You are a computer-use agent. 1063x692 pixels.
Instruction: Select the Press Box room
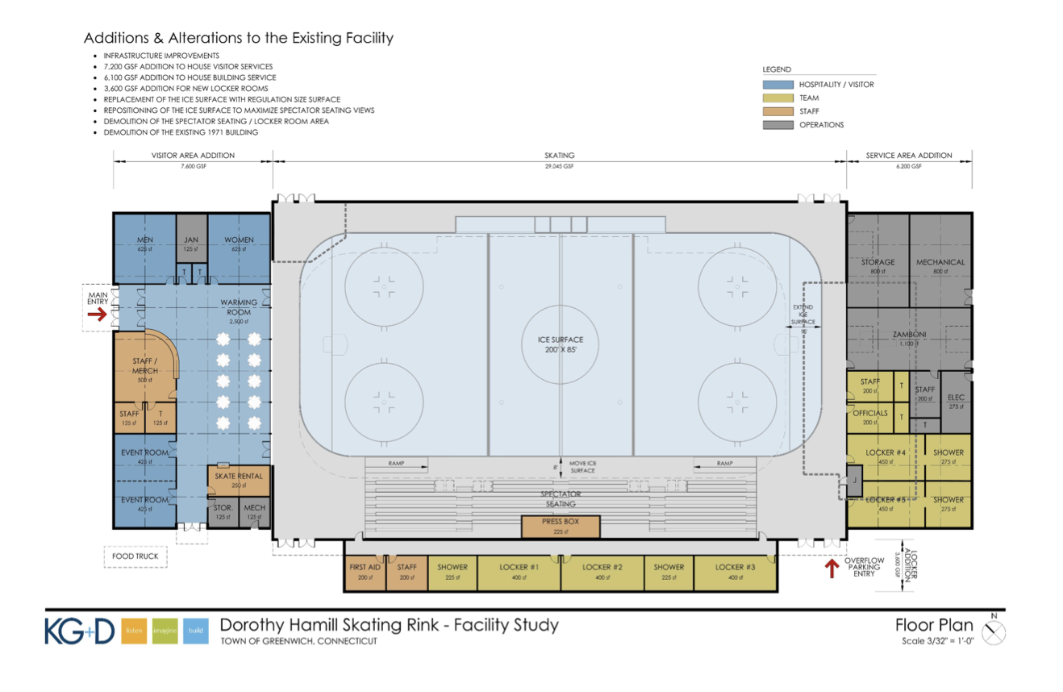point(561,527)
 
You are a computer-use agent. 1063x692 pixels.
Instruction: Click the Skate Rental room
point(238,481)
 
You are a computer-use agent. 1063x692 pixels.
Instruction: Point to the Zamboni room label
point(907,335)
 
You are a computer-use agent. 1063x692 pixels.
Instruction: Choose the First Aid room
point(365,572)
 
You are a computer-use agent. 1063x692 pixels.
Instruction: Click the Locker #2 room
point(602,572)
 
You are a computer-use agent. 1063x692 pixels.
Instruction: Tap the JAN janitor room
point(191,243)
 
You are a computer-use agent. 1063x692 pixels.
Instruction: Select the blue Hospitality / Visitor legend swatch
point(777,84)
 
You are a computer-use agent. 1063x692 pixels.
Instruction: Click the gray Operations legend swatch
point(777,125)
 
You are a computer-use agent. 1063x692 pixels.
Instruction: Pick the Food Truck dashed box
point(135,557)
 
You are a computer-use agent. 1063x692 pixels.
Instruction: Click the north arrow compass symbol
point(995,632)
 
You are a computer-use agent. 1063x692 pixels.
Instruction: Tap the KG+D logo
point(80,631)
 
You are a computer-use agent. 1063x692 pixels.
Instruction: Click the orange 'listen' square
point(134,631)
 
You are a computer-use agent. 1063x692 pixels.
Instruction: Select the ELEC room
point(957,401)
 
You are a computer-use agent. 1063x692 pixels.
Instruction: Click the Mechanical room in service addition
point(940,266)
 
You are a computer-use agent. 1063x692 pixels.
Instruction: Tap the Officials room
point(870,417)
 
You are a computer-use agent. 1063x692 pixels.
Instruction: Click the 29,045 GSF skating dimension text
point(559,166)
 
